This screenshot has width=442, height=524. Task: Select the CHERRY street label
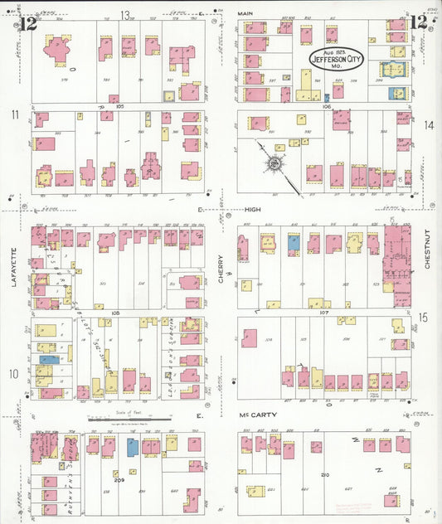pos(221,269)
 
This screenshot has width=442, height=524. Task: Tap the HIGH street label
pos(252,211)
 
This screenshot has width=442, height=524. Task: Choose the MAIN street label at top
pos(246,14)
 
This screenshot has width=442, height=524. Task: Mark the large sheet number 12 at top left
pos(29,22)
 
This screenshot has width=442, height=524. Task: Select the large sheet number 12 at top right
pos(420,22)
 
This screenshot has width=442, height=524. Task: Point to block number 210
pos(325,473)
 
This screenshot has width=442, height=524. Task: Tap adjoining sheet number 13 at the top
pos(125,14)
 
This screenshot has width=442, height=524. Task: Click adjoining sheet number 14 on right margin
pos(429,125)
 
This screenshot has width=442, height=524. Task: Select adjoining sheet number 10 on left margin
pos(14,374)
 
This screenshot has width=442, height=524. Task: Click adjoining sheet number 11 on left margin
pos(14,114)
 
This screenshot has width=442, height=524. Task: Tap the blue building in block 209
pos(132,446)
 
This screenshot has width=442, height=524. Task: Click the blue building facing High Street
pos(293,242)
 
